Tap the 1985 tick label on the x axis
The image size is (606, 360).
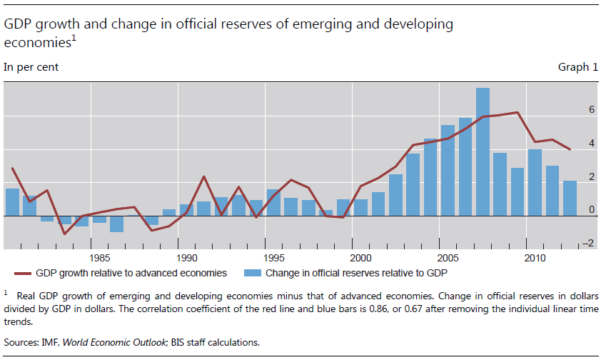99,256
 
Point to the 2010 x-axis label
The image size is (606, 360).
533,256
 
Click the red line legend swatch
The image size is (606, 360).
29,272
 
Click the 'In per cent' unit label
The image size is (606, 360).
32,67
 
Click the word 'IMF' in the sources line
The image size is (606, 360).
54,342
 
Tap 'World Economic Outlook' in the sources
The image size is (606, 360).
117,342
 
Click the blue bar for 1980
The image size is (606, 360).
12,202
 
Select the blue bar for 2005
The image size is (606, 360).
448,170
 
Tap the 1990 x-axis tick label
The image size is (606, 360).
186,256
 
